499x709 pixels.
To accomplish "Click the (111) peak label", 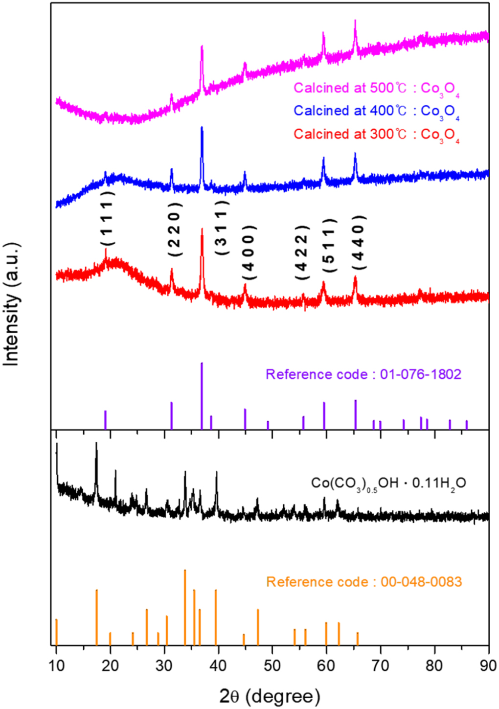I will click(108, 218).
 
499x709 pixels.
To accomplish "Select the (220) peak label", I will click(175, 229).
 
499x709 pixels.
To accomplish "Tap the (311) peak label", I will click(222, 227).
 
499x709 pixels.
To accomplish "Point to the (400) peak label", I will click(249, 252).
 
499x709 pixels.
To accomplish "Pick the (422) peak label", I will click(302, 252).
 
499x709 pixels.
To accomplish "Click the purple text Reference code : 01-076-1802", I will click(363, 375).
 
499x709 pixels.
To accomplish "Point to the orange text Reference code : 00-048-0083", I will click(363, 582).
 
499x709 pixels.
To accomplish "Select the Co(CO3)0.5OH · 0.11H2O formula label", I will click(388, 484).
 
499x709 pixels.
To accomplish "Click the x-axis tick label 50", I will click(272, 666).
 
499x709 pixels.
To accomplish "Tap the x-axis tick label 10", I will click(56, 666).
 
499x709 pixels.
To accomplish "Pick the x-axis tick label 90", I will click(488, 666).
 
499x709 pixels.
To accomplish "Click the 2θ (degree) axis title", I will click(270, 695).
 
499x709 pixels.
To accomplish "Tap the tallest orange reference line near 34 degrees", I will click(185, 607).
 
